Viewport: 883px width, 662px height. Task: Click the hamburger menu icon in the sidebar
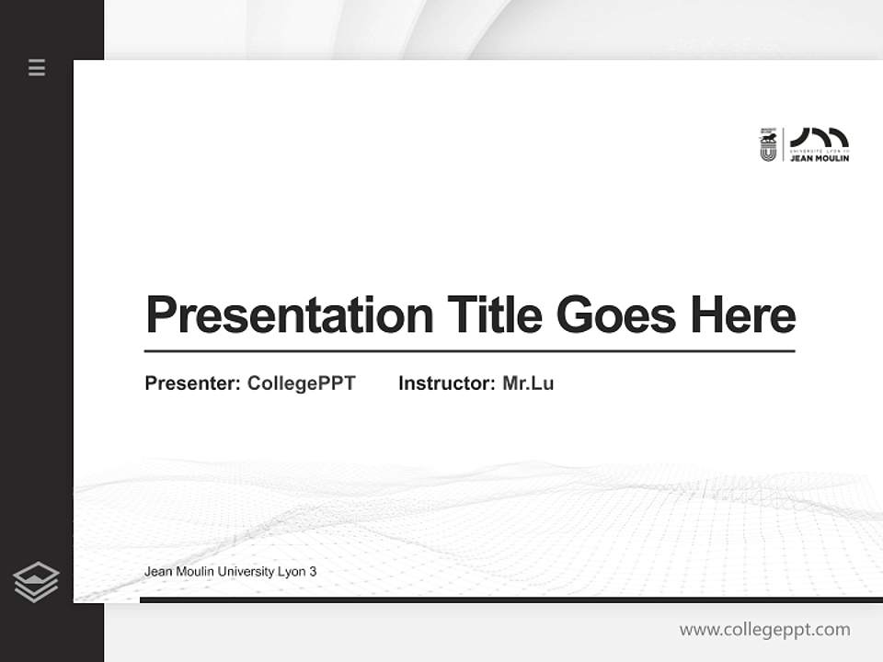[37, 67]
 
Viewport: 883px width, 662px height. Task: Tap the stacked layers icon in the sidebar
[36, 582]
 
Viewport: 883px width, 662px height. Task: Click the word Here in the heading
[743, 315]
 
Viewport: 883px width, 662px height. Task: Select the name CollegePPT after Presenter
[302, 383]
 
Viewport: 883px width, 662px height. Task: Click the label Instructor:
[447, 383]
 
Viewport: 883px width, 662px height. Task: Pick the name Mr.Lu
[528, 383]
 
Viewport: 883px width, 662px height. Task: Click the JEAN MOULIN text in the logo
[820, 158]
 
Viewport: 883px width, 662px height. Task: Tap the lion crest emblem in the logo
[768, 144]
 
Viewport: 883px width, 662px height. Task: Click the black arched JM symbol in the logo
[819, 137]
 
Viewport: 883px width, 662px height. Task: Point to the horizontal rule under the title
[469, 351]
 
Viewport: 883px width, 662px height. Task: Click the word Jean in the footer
[157, 572]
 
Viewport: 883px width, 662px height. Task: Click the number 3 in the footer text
[313, 572]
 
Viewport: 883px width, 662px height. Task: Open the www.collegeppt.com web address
[764, 630]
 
